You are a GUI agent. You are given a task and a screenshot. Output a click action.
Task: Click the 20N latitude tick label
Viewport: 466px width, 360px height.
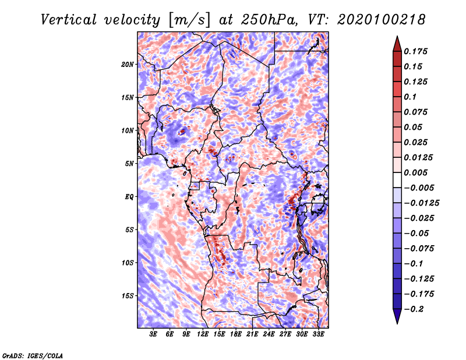pyautogui.click(x=128, y=65)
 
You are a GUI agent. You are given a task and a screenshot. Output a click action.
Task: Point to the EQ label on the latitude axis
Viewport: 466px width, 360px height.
pyautogui.click(x=129, y=197)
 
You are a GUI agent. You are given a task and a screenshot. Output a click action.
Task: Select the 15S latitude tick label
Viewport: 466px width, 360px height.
pyautogui.click(x=128, y=296)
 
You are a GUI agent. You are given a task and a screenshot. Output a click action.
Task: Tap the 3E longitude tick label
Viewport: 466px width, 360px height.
pyautogui.click(x=153, y=334)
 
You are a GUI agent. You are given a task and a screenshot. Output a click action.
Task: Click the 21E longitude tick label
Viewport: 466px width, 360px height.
pyautogui.click(x=252, y=334)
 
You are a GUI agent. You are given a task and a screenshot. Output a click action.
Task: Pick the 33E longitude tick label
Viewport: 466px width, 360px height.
pyautogui.click(x=318, y=334)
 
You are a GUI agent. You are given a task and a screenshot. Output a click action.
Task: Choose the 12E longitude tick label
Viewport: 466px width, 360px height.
pyautogui.click(x=202, y=334)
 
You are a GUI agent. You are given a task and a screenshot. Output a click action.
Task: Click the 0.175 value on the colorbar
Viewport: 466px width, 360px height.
pyautogui.click(x=415, y=51)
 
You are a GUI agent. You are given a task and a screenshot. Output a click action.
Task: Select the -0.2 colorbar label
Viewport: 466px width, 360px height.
pyautogui.click(x=414, y=309)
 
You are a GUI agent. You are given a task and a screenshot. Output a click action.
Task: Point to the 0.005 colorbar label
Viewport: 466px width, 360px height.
pyautogui.click(x=415, y=172)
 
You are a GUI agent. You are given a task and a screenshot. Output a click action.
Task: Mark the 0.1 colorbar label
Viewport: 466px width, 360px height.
pyautogui.click(x=410, y=97)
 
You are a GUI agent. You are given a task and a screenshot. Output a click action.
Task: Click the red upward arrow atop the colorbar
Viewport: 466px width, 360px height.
pyautogui.click(x=397, y=44)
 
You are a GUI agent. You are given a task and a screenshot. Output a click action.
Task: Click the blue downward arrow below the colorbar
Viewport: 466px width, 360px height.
pyautogui.click(x=397, y=316)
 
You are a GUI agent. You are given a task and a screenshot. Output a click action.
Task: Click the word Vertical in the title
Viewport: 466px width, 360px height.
pyautogui.click(x=69, y=20)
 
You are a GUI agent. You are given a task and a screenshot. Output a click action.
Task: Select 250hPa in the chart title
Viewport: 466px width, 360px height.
pyautogui.click(x=269, y=20)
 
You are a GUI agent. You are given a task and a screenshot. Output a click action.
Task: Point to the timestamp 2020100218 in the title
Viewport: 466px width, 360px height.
pyautogui.click(x=382, y=20)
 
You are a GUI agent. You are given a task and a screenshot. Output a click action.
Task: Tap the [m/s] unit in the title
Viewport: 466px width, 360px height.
pyautogui.click(x=189, y=20)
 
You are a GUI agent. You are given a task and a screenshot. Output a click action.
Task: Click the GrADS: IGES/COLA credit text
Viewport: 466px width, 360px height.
pyautogui.click(x=33, y=356)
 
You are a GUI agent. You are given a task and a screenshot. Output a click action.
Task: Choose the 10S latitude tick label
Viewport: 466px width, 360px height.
pyautogui.click(x=128, y=263)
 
